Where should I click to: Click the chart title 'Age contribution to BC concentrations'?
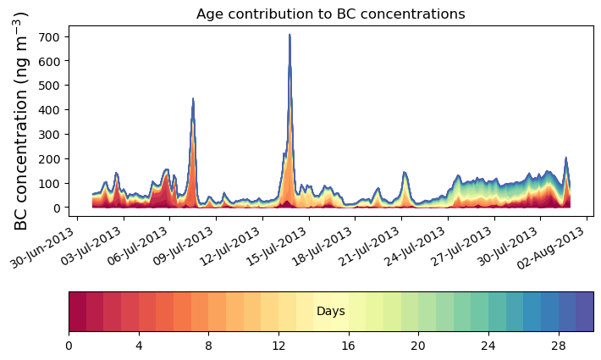click(x=330, y=14)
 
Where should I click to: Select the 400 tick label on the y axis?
click(x=49, y=110)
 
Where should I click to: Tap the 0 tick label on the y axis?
click(x=57, y=208)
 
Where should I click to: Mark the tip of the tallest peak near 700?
click(x=289, y=35)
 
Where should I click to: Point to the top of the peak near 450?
click(x=193, y=99)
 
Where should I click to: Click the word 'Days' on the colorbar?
click(x=330, y=312)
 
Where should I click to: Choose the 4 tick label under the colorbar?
click(x=139, y=346)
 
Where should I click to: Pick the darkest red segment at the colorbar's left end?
click(x=77, y=312)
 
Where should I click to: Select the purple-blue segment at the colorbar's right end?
click(x=584, y=312)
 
